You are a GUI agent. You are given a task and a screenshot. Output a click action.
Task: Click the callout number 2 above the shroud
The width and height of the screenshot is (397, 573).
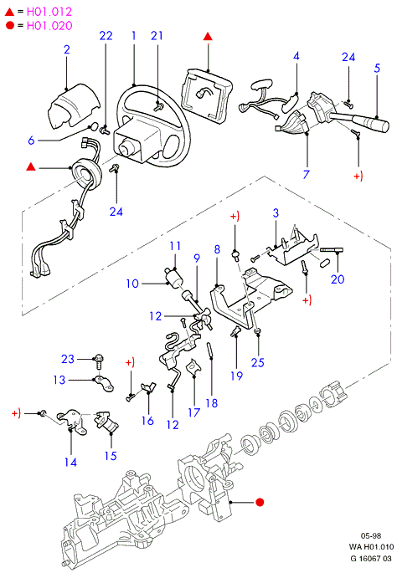click(x=67, y=49)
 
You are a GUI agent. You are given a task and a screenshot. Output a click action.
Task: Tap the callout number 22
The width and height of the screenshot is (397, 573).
click(x=106, y=35)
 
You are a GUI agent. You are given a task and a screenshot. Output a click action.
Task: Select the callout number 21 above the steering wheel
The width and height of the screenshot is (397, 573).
click(x=157, y=35)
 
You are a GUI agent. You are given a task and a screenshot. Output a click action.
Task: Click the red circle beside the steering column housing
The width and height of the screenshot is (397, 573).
click(x=260, y=503)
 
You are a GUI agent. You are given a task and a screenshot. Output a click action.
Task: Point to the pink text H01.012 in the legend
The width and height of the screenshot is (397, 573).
click(x=49, y=12)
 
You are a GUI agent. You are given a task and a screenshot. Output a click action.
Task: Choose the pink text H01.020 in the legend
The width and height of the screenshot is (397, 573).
click(x=49, y=26)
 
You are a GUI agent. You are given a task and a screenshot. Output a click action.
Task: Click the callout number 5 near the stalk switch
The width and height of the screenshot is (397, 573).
click(x=377, y=68)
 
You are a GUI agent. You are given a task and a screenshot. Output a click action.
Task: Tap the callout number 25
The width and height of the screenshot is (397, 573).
click(x=258, y=362)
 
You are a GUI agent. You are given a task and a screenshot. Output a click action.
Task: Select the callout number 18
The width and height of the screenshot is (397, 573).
click(x=212, y=403)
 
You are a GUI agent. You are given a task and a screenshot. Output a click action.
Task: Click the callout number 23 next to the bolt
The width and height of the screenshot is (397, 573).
click(x=68, y=359)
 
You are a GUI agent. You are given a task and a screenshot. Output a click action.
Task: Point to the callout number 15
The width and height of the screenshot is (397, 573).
click(x=111, y=456)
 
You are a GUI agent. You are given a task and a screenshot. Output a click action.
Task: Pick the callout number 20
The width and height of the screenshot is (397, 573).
click(x=338, y=279)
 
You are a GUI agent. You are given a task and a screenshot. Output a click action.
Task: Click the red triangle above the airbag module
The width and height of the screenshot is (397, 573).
click(x=208, y=37)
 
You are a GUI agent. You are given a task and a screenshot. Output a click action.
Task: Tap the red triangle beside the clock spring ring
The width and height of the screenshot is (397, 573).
click(x=31, y=167)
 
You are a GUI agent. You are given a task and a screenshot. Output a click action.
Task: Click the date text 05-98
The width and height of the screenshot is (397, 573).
click(x=371, y=535)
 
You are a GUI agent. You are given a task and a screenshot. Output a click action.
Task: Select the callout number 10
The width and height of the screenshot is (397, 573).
click(x=132, y=284)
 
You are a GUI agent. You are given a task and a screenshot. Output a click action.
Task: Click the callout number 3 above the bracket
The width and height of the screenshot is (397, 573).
click(x=276, y=213)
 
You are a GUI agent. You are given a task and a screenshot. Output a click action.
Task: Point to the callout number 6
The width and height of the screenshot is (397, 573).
click(x=31, y=140)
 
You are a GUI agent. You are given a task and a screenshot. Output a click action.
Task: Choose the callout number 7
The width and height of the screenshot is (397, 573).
click(x=307, y=174)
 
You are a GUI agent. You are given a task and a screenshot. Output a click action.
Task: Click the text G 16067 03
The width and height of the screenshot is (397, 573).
click(x=371, y=559)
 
